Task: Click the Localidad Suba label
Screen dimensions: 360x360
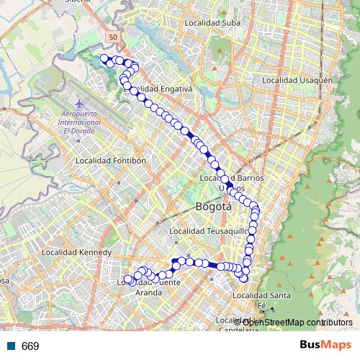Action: (207, 23)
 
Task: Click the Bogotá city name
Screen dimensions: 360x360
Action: (214, 207)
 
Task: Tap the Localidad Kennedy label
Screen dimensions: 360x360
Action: (76, 253)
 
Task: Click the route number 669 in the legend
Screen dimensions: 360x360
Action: (30, 346)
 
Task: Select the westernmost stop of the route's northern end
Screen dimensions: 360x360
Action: (104, 58)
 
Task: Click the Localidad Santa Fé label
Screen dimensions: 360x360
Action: (263, 300)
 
